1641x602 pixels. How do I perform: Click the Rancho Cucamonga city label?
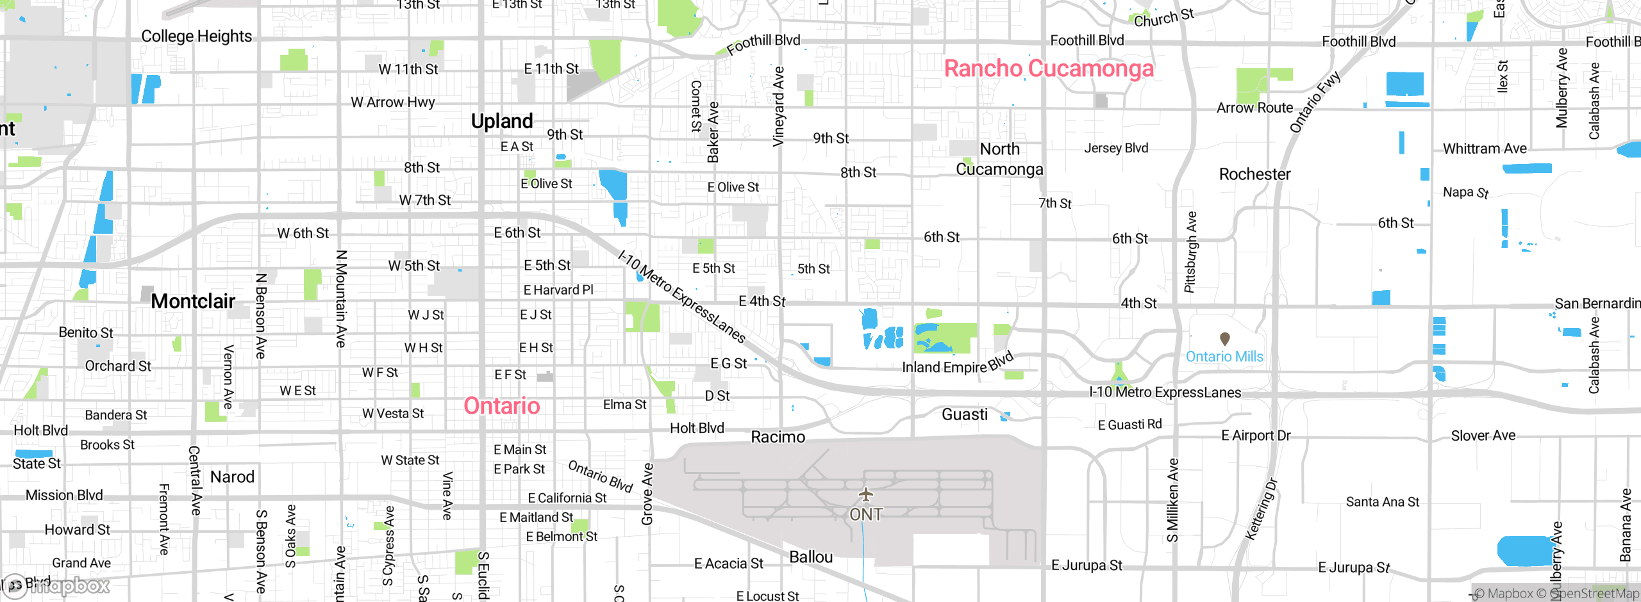(1049, 69)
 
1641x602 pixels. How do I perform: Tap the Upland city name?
(502, 121)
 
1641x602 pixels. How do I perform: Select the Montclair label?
(193, 301)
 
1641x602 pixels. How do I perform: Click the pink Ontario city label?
(502, 406)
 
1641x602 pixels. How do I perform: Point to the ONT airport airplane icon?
(866, 494)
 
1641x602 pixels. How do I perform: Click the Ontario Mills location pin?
(1224, 338)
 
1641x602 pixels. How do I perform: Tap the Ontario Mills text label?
(1224, 357)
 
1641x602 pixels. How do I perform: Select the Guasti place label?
(965, 414)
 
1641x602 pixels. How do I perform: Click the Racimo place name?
(778, 437)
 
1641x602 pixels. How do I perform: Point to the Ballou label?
(811, 557)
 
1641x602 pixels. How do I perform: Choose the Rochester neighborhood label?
(1254, 174)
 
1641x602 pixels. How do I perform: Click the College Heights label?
(196, 37)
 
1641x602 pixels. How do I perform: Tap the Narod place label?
(232, 477)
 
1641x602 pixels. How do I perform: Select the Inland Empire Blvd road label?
(958, 364)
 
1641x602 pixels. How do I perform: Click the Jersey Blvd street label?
(1116, 148)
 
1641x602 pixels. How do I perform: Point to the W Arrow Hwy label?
(392, 102)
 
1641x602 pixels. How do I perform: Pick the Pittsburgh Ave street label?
(1190, 252)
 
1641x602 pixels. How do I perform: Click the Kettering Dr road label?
(1261, 510)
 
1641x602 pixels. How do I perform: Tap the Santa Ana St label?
(1383, 502)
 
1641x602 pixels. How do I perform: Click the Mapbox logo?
(58, 585)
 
